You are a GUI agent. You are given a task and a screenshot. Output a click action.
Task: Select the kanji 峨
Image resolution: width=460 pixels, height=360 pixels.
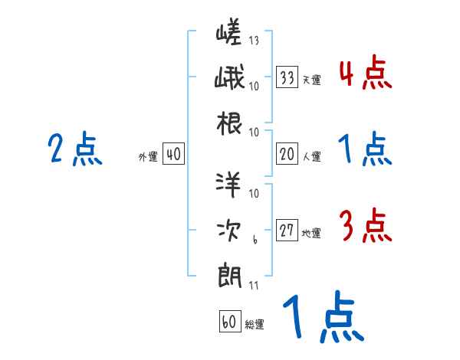click(229, 79)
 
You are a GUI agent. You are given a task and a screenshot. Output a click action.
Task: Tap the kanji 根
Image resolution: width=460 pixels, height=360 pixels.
click(229, 124)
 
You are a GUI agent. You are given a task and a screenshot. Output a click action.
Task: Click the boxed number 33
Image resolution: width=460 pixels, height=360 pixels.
click(287, 77)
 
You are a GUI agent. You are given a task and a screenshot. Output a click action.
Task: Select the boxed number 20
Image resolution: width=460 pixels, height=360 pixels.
click(287, 155)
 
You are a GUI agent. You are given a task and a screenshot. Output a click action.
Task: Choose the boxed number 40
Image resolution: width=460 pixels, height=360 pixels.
click(173, 155)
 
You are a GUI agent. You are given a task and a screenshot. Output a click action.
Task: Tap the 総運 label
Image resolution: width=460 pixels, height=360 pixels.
click(255, 325)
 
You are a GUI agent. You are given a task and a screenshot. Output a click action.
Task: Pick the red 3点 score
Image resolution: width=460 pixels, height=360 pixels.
click(364, 227)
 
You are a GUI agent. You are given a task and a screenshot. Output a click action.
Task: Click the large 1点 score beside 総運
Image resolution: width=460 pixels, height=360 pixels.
click(321, 319)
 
